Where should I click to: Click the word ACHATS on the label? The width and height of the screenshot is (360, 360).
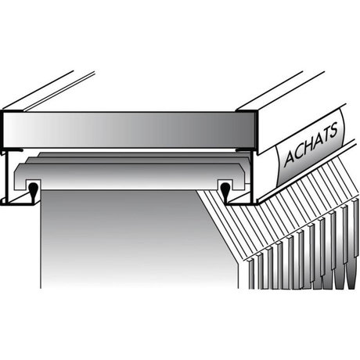tap(311, 144)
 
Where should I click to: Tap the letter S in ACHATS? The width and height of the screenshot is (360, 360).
tap(333, 131)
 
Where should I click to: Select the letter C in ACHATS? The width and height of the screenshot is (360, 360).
tap(299, 150)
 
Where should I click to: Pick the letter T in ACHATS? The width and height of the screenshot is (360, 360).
tap(325, 135)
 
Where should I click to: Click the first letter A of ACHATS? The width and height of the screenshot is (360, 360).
tap(289, 157)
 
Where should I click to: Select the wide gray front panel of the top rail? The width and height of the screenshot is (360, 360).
tap(129, 130)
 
